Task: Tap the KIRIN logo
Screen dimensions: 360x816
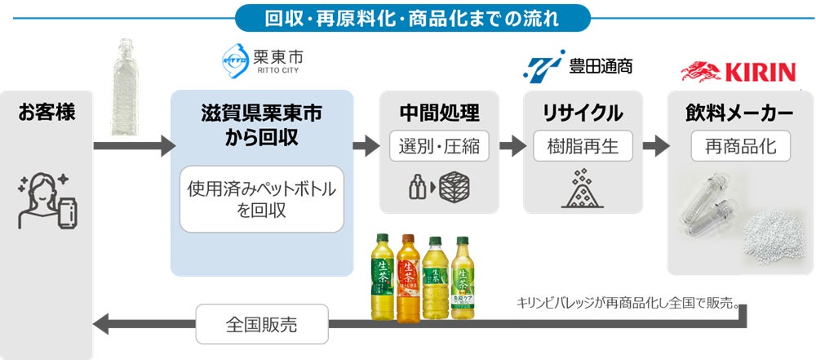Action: click(738, 72)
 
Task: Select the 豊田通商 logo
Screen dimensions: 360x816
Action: click(578, 66)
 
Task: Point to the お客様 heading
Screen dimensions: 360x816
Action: click(46, 113)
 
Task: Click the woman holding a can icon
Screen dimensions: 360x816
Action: click(46, 200)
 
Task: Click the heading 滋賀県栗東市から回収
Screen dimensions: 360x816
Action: click(261, 125)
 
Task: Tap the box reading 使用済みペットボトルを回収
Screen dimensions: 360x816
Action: click(262, 200)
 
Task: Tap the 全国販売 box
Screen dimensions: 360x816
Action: click(261, 324)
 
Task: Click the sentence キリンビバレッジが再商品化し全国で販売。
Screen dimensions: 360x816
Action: click(628, 302)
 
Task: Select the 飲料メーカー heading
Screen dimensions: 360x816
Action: click(740, 113)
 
